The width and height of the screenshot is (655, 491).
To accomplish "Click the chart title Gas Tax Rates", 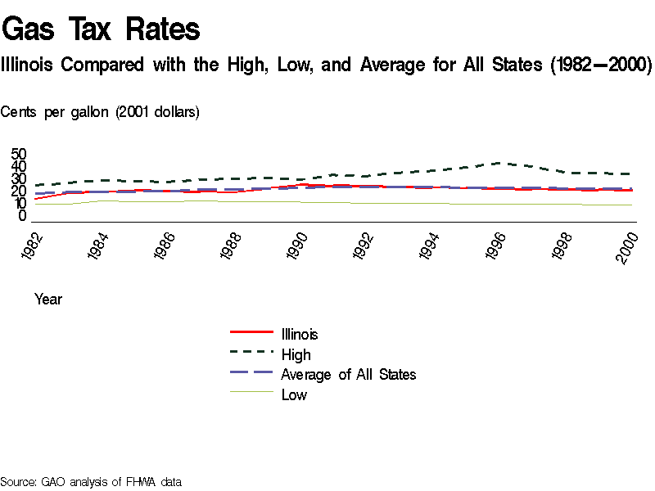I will [101, 30].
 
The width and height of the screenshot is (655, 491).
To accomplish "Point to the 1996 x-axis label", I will [498, 246].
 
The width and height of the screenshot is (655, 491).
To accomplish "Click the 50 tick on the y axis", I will [19, 155].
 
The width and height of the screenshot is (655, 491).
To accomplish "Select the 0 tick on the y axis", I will [23, 216].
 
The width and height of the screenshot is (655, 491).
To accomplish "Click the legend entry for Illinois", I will [299, 334].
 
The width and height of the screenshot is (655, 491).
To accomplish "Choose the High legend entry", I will [296, 354].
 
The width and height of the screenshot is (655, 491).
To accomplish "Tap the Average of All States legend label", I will [348, 374].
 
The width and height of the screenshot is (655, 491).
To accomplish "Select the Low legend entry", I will [294, 394].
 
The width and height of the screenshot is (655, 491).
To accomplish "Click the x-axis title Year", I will [48, 300].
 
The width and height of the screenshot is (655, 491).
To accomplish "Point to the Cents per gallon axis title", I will [100, 112].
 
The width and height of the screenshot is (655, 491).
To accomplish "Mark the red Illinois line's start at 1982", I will [35, 199].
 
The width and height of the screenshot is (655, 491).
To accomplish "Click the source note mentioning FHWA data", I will [91, 481].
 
